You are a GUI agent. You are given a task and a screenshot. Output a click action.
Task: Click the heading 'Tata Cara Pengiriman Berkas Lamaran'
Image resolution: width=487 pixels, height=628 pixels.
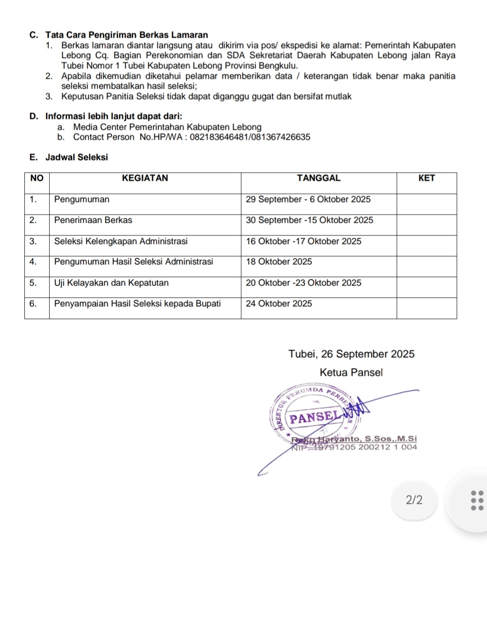click(x=126, y=35)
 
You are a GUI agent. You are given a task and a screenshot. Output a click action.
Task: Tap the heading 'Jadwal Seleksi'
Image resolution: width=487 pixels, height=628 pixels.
click(x=77, y=157)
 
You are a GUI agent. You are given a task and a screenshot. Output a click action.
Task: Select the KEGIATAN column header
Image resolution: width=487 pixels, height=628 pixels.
click(x=145, y=178)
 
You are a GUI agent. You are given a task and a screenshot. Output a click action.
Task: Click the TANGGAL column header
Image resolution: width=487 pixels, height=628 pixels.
click(x=319, y=178)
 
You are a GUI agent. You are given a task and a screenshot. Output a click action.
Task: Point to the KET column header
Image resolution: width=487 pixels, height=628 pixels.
click(x=427, y=178)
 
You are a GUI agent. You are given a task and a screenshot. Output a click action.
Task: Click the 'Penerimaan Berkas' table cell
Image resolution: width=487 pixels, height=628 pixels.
click(x=93, y=220)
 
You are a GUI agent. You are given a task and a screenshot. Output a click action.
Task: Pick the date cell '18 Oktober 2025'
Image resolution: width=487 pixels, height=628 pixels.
click(x=279, y=262)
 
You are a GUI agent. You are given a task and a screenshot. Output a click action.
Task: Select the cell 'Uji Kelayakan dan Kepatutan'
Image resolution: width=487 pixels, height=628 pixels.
click(x=111, y=283)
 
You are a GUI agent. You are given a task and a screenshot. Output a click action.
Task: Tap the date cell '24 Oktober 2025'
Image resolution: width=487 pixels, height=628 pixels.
click(x=279, y=304)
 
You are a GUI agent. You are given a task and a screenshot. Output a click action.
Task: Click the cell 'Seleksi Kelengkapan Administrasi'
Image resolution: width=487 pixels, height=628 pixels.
click(x=121, y=241)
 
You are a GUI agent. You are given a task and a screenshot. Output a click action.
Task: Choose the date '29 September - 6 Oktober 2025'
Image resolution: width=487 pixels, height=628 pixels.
click(x=308, y=199)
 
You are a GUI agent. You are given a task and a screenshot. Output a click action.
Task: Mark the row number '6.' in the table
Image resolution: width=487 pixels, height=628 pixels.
click(x=33, y=304)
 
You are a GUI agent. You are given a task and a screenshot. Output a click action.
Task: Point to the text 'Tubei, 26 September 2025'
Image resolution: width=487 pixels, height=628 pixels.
click(x=351, y=354)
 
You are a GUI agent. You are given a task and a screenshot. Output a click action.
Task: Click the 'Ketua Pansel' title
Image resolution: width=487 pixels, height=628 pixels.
click(x=351, y=373)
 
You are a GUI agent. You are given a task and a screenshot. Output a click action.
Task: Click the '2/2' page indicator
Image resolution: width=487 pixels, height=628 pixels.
click(x=414, y=500)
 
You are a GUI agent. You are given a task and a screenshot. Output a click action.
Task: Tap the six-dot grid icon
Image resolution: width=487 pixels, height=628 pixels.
click(x=477, y=500)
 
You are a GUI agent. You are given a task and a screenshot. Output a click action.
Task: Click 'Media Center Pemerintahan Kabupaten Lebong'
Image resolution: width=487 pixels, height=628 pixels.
click(x=167, y=127)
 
